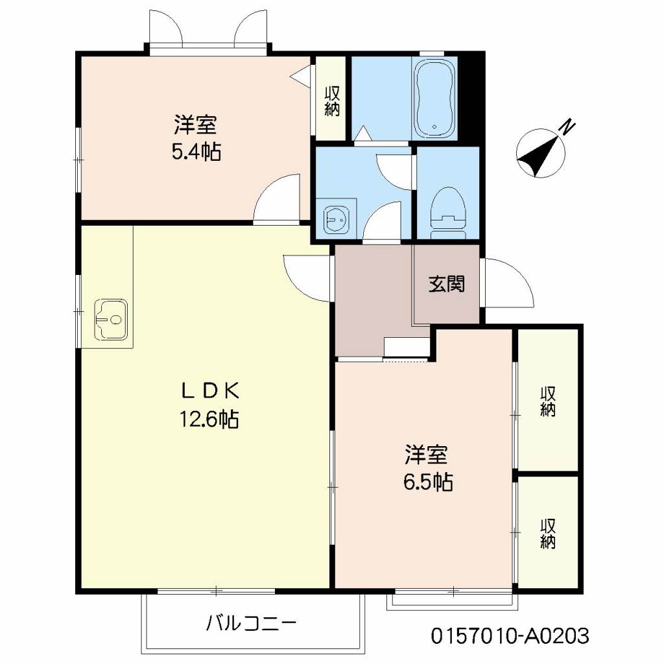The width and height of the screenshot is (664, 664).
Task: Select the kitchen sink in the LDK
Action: [112, 319]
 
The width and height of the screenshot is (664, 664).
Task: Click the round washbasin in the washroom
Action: [335, 219]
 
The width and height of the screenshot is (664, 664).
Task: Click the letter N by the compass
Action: [568, 126]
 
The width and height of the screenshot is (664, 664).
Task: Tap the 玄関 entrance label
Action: [446, 284]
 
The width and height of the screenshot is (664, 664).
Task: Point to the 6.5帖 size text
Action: [426, 482]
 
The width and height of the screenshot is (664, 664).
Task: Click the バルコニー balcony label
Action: [252, 624]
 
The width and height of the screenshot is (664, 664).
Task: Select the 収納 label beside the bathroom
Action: [332, 101]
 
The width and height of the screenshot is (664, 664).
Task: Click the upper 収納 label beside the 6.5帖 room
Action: [548, 402]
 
